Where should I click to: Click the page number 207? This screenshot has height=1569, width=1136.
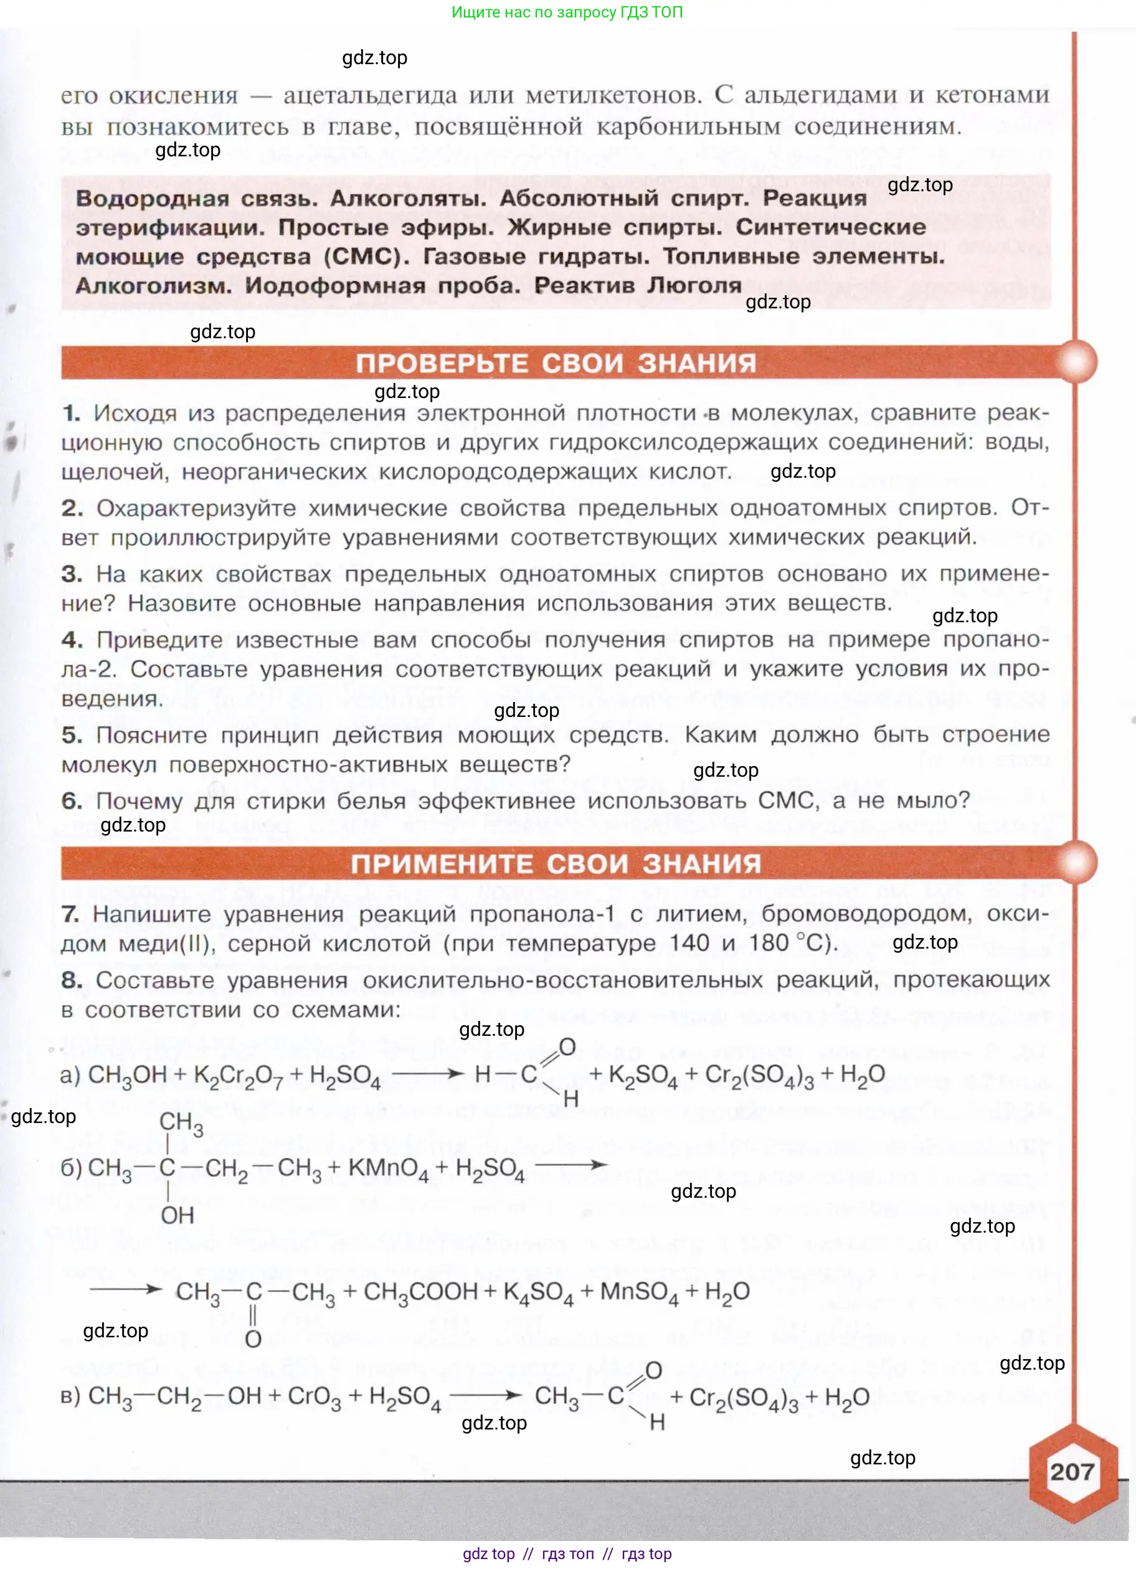coord(1072,1471)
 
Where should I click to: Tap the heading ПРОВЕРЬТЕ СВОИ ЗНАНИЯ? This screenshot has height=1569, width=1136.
coord(556,363)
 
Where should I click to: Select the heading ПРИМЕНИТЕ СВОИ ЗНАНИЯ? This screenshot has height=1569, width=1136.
coord(556,863)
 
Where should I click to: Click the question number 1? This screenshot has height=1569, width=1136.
coord(70,413)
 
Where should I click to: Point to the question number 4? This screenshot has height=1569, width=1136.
coord(71,639)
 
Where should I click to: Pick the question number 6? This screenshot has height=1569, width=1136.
coord(71,800)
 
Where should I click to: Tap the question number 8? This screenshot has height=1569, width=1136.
coord(71,980)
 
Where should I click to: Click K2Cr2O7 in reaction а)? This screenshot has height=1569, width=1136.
coord(238,1076)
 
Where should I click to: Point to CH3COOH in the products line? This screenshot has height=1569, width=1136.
coord(420,1292)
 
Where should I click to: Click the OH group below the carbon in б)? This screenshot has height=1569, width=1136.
coord(177,1215)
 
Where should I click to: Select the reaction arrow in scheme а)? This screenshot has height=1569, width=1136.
coord(427,1074)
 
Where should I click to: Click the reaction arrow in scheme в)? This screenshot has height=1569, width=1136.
coord(485,1395)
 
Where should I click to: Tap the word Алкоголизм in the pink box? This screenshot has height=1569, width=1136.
coord(153,286)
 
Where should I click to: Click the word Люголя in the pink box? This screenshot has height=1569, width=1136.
coord(694,285)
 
